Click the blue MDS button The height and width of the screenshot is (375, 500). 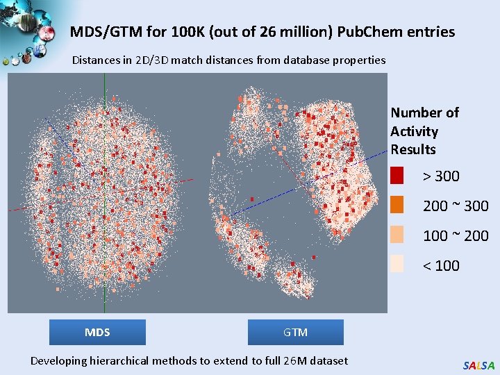coord(97,332)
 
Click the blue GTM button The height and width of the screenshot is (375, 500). coord(295,332)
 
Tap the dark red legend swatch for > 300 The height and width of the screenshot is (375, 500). coord(397,176)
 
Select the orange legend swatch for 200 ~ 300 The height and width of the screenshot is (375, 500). coord(397,206)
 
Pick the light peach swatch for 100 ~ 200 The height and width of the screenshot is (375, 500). coord(397,235)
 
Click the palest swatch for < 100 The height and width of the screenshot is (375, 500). coord(397,265)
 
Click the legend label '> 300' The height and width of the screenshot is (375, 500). coord(441,176)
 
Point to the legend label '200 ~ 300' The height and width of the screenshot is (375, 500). coord(456,206)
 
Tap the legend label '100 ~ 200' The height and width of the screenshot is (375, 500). coord(456,236)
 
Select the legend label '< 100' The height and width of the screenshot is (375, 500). coord(441,265)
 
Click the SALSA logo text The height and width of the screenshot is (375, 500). coord(478,365)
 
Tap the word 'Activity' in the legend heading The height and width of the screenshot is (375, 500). coord(414,131)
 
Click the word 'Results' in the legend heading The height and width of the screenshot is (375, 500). coord(413,149)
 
